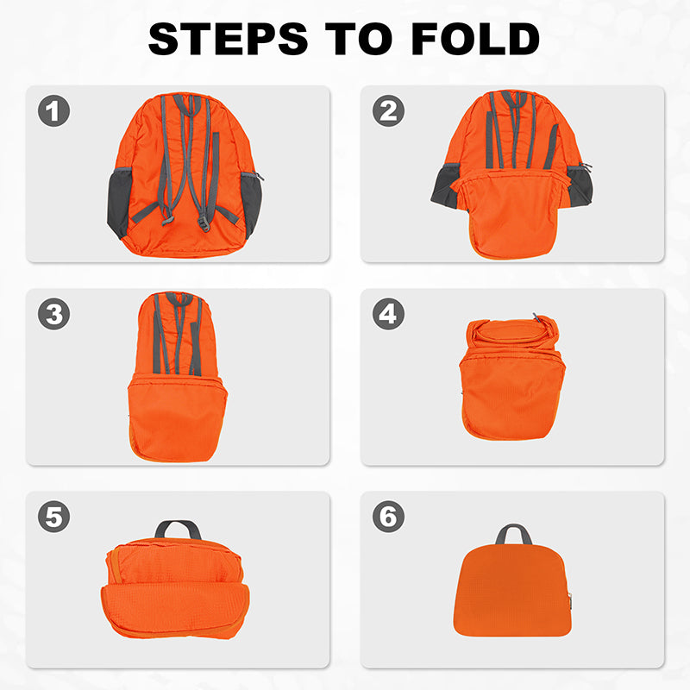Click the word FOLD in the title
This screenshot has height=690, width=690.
click(475, 39)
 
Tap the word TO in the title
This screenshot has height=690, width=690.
click(359, 39)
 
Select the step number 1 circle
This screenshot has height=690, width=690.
click(53, 111)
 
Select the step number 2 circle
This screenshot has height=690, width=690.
click(388, 111)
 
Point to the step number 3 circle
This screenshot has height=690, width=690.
click(53, 314)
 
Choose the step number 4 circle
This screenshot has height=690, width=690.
click(388, 314)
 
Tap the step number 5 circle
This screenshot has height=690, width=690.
click(53, 516)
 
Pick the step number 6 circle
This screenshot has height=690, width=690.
click(388, 516)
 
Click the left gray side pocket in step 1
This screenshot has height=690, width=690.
click(119, 203)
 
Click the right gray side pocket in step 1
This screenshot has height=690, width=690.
click(251, 204)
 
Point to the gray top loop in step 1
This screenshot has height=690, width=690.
click(190, 104)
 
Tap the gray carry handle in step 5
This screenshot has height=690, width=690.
click(178, 529)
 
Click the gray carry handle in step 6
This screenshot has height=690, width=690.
click(513, 533)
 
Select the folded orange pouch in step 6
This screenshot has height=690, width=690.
click(512, 590)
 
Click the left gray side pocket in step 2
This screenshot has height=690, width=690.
click(445, 185)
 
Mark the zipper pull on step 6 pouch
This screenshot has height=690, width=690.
click(570, 599)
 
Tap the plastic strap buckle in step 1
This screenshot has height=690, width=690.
click(204, 223)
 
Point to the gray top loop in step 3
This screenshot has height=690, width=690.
click(179, 299)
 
